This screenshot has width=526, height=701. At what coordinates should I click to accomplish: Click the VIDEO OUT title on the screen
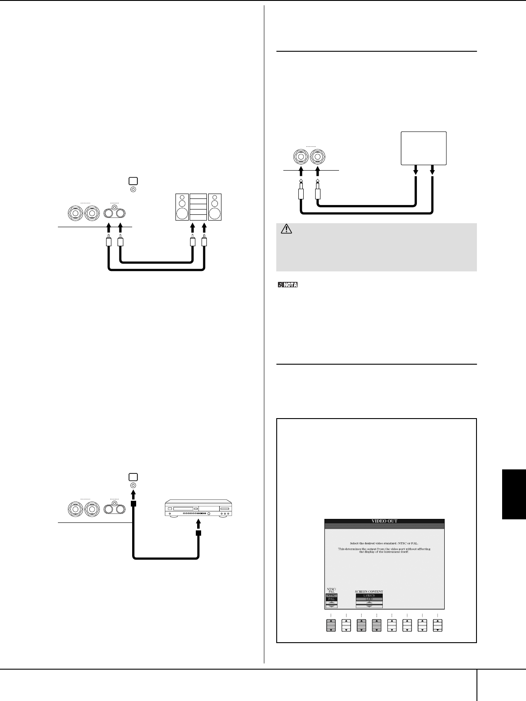tap(384, 521)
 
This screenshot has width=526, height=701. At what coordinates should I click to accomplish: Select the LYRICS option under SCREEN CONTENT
tap(369, 595)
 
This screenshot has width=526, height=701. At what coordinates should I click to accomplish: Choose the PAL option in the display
tap(331, 599)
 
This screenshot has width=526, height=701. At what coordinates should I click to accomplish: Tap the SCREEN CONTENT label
tap(369, 591)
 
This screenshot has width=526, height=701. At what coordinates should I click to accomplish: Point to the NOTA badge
tap(288, 285)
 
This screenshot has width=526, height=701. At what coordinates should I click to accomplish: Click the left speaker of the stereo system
tap(182, 207)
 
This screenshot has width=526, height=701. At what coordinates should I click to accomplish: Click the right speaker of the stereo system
tap(215, 207)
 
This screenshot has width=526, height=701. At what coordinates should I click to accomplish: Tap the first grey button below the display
tap(331, 625)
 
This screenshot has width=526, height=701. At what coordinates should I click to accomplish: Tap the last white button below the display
tap(438, 625)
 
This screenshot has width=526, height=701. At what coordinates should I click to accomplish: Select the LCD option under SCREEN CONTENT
tap(369, 599)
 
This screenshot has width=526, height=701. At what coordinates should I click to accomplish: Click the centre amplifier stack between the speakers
tap(198, 207)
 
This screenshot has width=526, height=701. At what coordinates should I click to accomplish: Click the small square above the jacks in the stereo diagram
tap(133, 181)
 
